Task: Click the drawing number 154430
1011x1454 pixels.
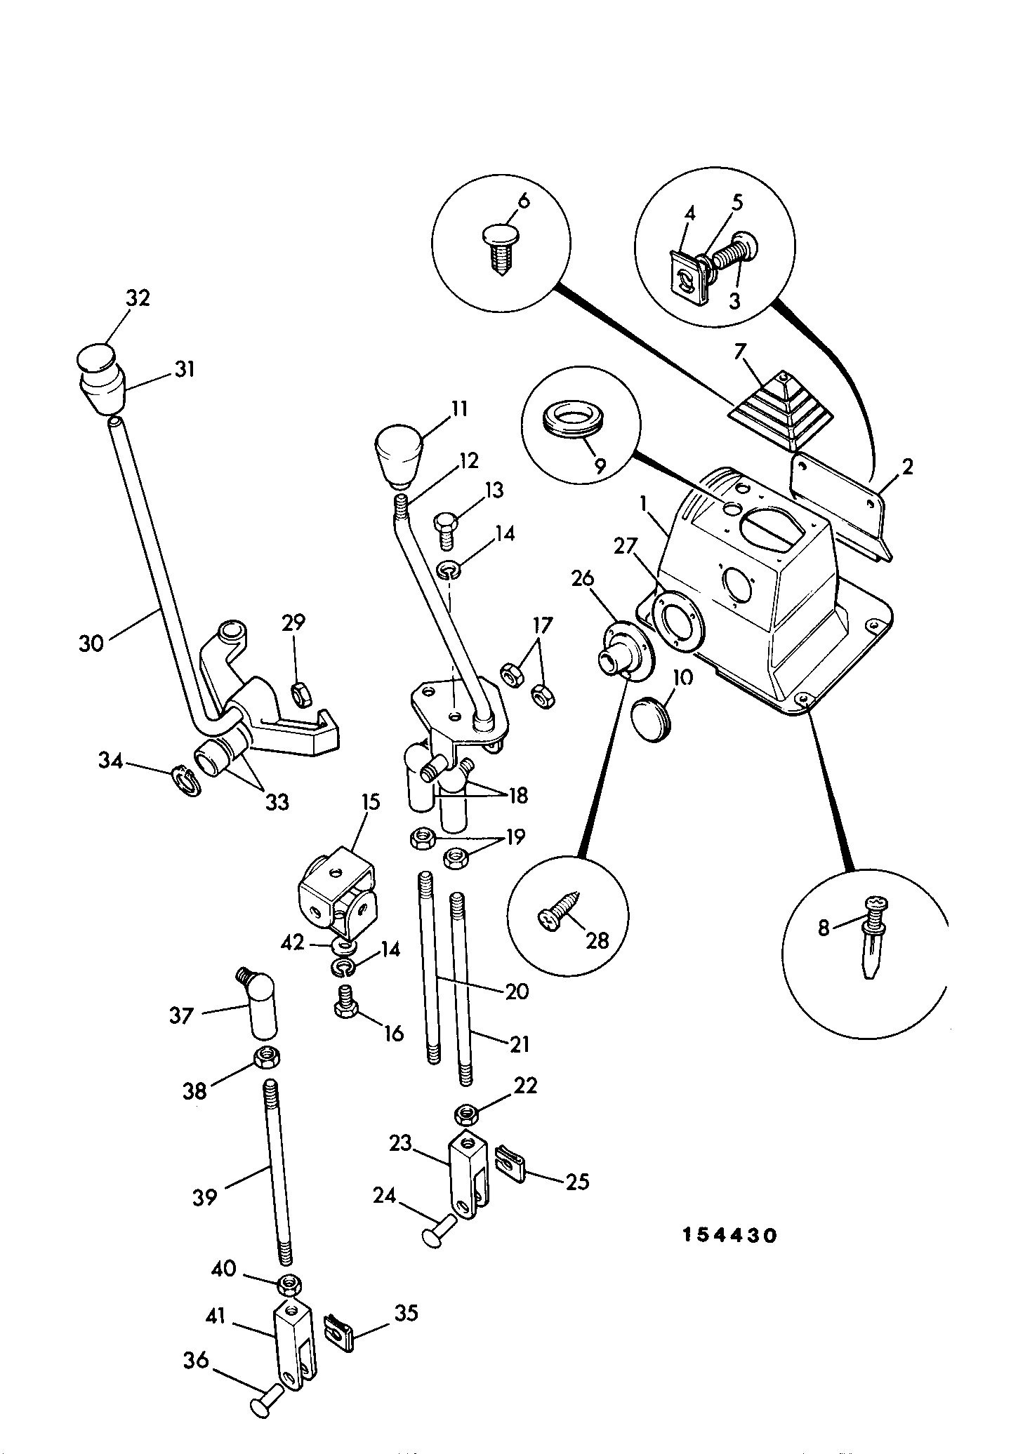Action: (730, 1235)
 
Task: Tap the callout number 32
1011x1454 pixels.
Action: (138, 298)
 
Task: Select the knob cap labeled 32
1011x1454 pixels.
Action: (95, 359)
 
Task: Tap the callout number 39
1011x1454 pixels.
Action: (205, 1196)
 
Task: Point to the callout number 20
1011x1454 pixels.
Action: (517, 991)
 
